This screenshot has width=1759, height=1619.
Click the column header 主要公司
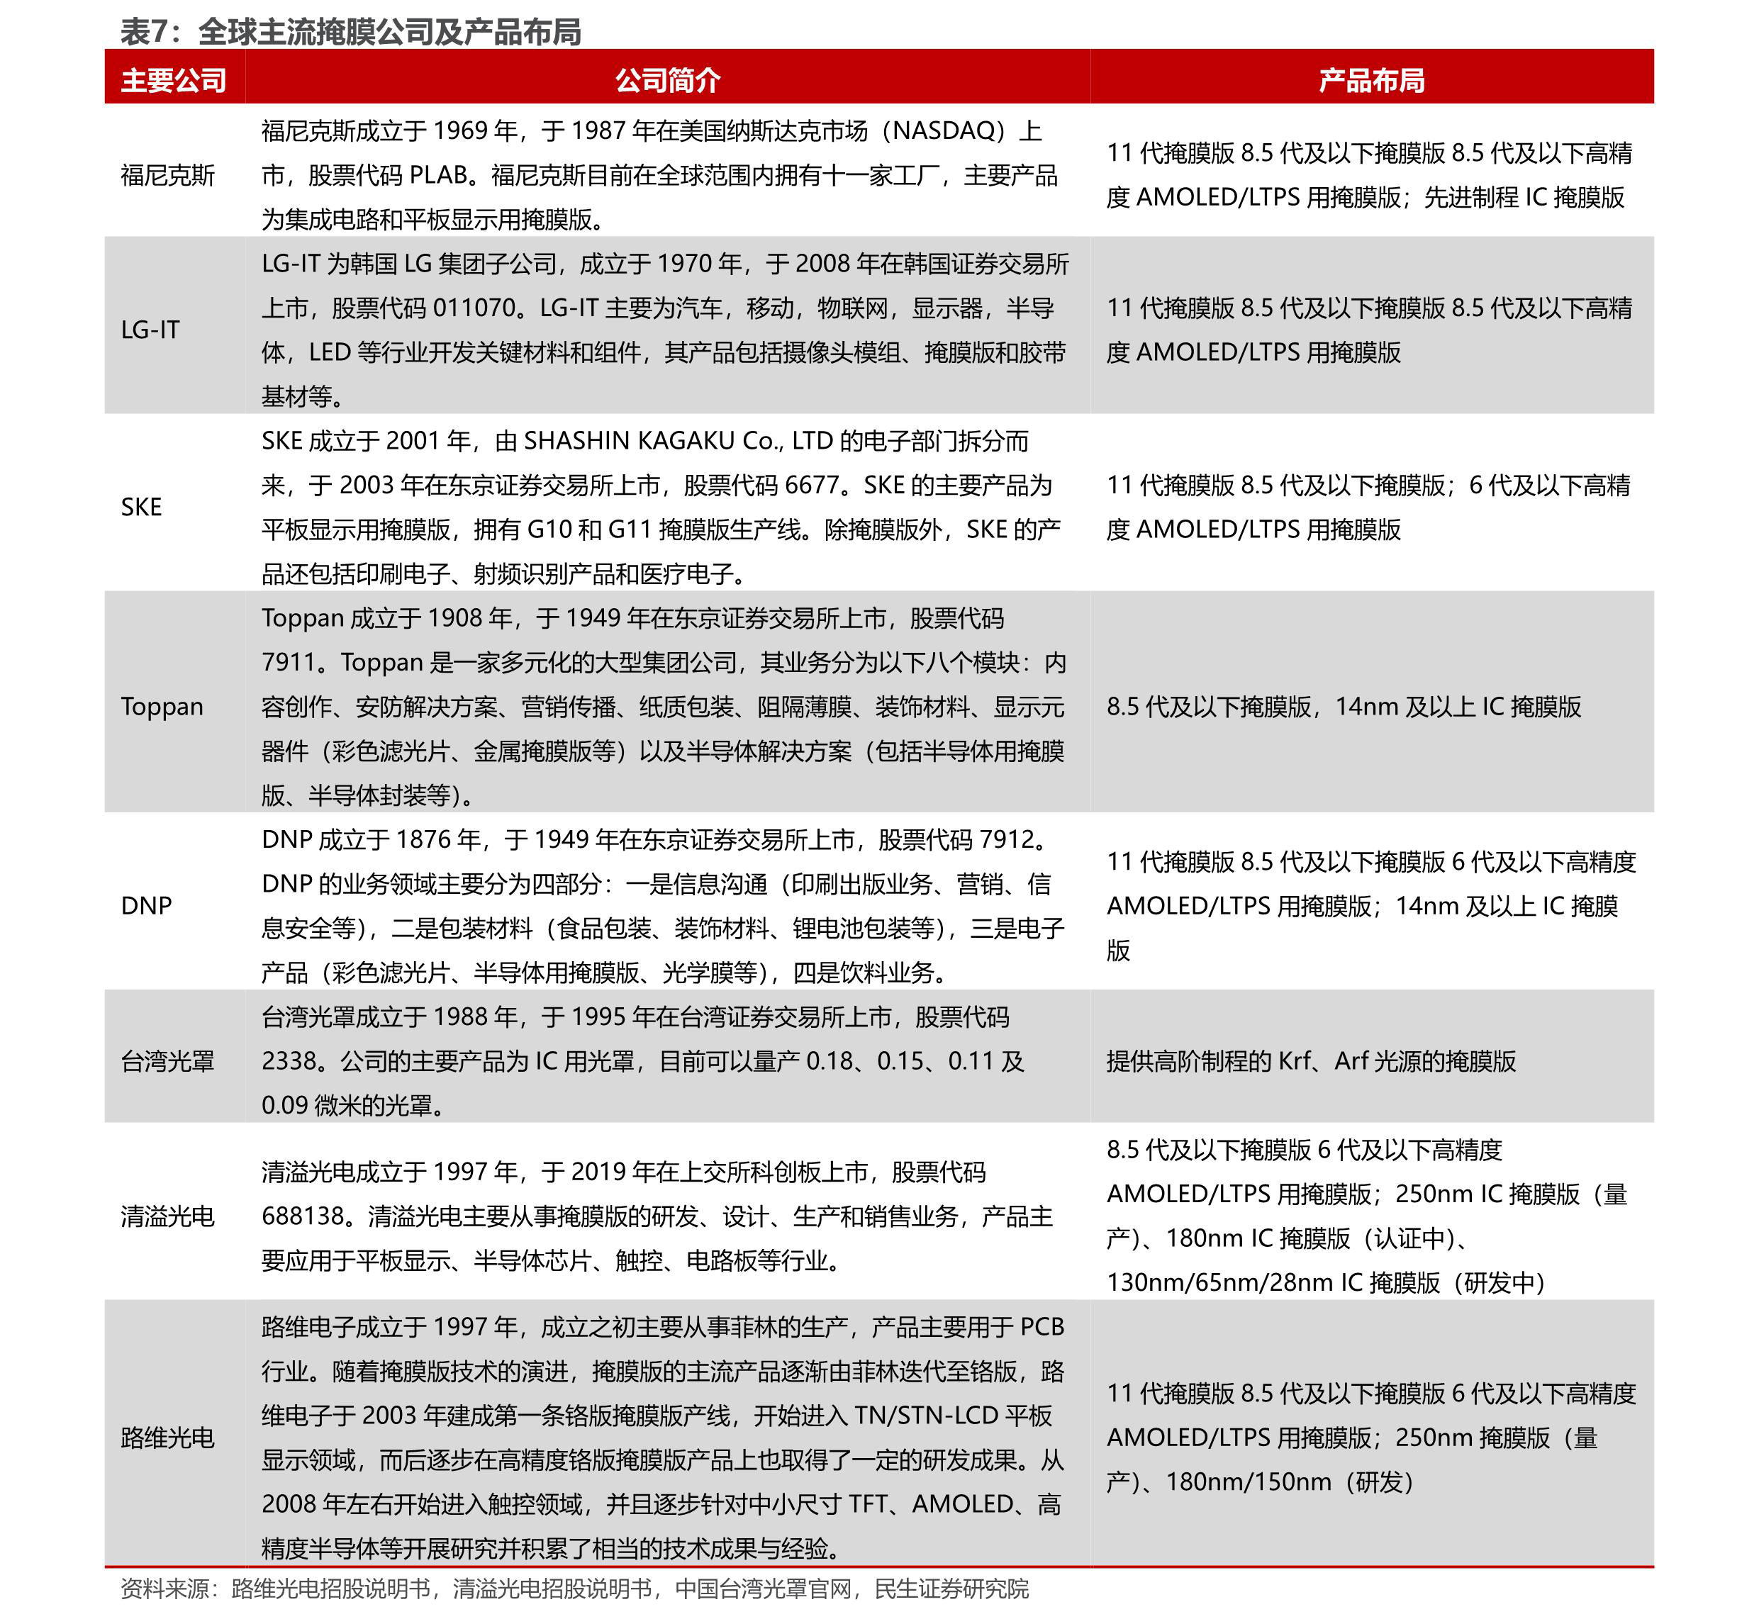click(174, 81)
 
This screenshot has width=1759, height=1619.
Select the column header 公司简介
click(667, 81)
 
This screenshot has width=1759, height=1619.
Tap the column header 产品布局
click(1372, 81)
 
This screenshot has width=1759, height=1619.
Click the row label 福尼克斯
click(167, 175)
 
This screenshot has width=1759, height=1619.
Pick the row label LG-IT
click(150, 330)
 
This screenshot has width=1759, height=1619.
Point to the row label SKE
click(141, 506)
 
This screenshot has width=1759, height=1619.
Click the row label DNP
click(145, 905)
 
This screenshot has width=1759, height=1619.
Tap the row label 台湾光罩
click(167, 1061)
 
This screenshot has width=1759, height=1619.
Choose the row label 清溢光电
click(167, 1216)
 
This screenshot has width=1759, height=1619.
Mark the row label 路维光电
click(167, 1438)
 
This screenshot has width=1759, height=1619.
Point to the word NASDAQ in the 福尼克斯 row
click(947, 130)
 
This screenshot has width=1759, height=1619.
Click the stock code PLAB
click(437, 175)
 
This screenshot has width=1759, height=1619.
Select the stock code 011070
click(474, 308)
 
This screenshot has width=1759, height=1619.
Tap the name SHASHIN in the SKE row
click(575, 441)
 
